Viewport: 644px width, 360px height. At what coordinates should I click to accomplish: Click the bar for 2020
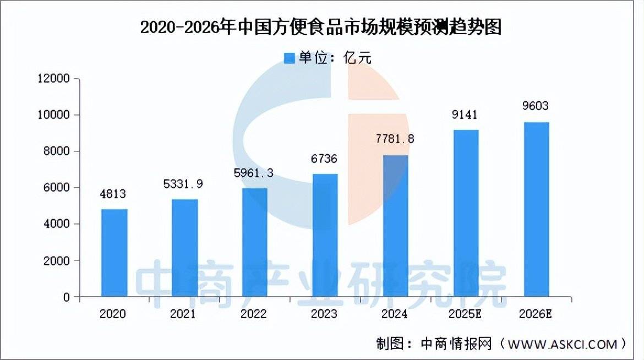(114, 253)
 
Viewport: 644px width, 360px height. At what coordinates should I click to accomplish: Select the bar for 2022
(254, 242)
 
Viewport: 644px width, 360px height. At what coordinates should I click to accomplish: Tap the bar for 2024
(395, 226)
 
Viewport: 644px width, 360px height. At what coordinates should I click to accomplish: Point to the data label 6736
(325, 159)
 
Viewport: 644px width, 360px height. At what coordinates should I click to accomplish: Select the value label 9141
(465, 114)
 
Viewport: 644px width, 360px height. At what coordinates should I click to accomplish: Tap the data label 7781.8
(395, 139)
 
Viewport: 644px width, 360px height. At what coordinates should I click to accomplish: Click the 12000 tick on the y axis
(54, 79)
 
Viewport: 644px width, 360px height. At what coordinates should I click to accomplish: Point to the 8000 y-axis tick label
(57, 151)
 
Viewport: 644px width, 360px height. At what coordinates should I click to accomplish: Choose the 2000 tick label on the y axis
(57, 260)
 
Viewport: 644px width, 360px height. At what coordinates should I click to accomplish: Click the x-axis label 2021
(183, 314)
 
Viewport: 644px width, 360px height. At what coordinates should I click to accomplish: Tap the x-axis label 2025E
(466, 314)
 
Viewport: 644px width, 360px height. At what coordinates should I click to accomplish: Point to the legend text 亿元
(357, 58)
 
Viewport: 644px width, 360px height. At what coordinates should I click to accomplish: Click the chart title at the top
(321, 28)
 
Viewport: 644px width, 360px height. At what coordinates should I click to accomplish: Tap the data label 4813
(114, 194)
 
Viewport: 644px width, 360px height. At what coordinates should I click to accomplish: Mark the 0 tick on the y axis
(67, 297)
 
